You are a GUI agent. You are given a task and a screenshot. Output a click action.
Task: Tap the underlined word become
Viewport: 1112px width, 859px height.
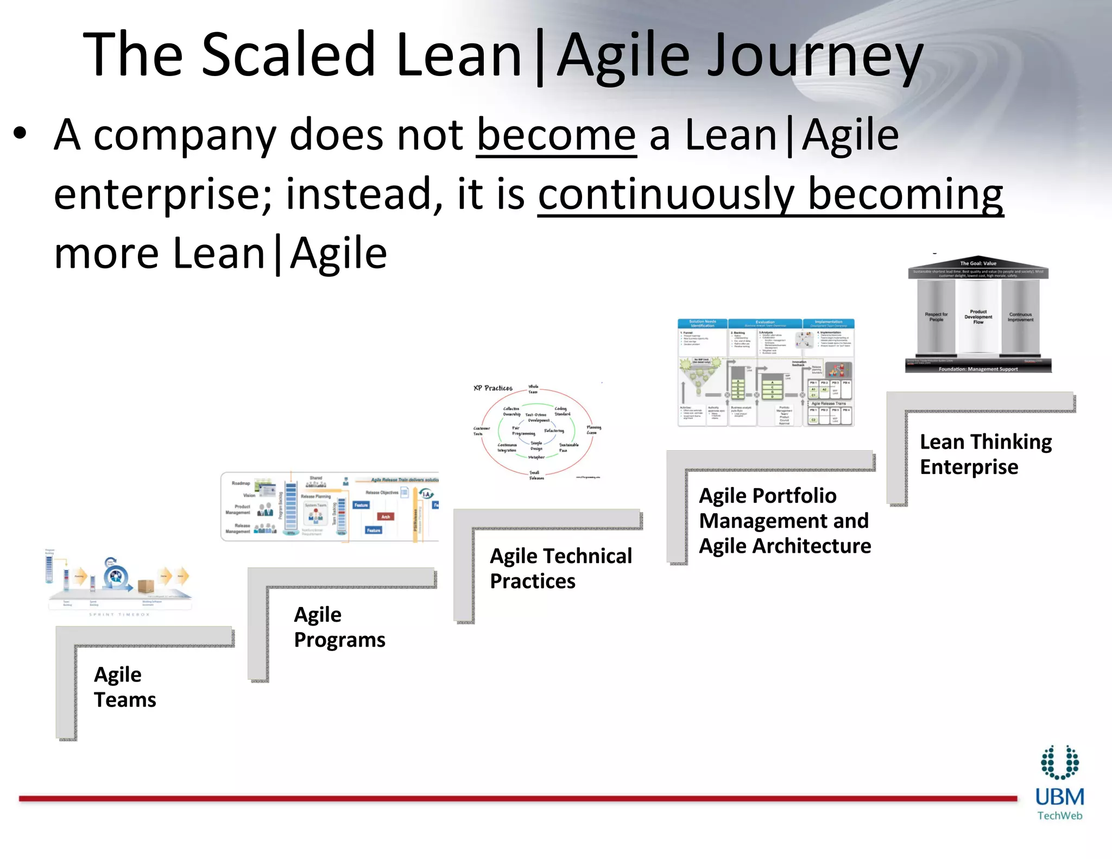coord(556,136)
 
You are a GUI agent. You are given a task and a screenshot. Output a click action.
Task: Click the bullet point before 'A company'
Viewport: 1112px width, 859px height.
coord(20,134)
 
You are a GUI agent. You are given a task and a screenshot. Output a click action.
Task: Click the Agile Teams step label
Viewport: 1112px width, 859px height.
coord(125,687)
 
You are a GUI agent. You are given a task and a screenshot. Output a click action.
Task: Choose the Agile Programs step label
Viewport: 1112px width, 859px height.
coord(339,627)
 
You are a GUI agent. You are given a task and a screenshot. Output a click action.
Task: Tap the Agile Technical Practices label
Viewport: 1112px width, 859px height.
coord(560,568)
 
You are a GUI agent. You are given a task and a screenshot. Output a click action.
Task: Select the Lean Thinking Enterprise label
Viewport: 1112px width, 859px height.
coord(985,454)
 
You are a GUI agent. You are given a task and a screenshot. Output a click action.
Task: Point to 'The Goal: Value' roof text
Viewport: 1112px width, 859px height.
coord(978,263)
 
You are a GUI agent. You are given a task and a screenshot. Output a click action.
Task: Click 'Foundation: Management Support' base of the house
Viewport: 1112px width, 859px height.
coord(978,369)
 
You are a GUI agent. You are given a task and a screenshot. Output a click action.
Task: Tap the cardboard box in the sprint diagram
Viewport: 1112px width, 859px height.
coord(146,587)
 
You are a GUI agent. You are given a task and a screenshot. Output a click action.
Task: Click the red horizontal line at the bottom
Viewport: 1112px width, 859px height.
coord(516,799)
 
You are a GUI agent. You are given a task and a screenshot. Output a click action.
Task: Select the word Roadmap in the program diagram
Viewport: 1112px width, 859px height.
coord(241,483)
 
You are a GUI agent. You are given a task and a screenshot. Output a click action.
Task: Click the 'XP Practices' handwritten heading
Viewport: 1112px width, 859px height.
coord(492,388)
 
